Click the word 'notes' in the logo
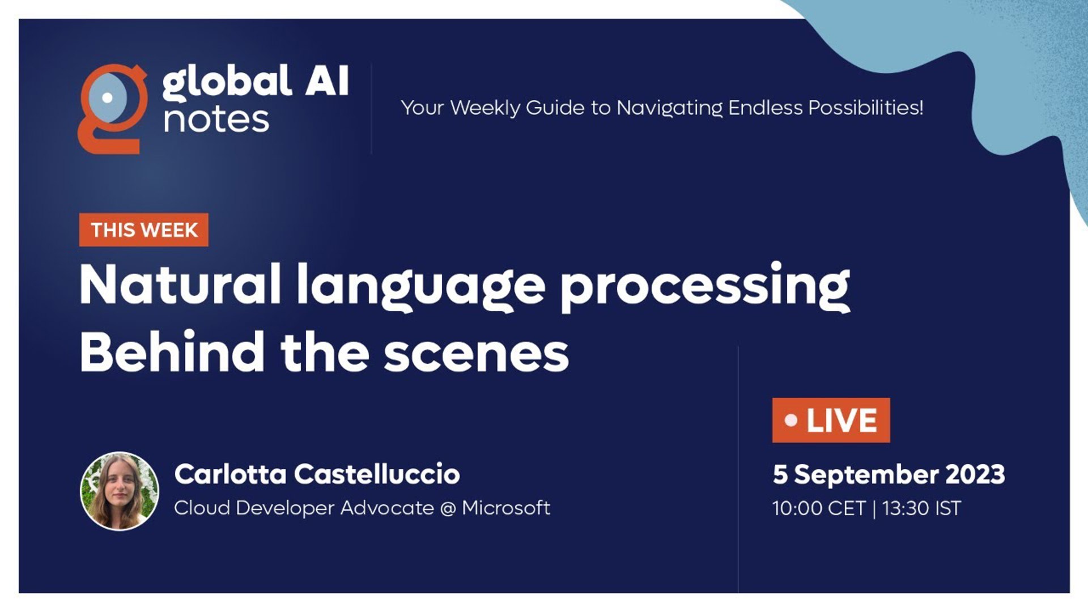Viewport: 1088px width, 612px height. point(216,120)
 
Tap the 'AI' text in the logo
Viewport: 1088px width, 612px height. point(326,81)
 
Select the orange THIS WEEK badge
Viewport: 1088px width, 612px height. point(144,230)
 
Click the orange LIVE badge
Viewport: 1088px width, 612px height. point(831,420)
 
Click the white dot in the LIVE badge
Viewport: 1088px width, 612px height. point(791,420)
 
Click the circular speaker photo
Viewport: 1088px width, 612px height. point(120,491)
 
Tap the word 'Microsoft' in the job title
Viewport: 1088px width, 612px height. point(506,508)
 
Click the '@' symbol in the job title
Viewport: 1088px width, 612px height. point(448,508)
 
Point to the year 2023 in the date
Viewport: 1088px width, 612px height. point(975,474)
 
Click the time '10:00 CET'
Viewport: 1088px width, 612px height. point(819,508)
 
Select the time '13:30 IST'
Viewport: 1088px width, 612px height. point(921,508)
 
